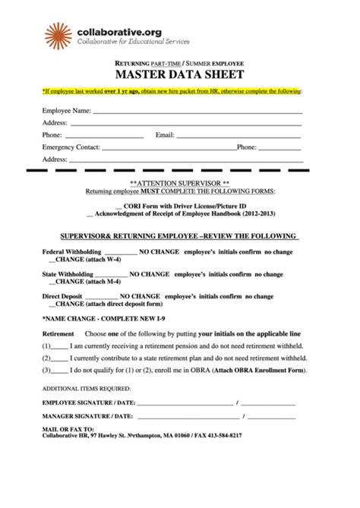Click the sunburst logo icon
click(x=58, y=35)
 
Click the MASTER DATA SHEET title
click(x=179, y=74)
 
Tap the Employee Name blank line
click(x=197, y=112)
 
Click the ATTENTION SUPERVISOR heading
click(x=179, y=184)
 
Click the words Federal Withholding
click(x=71, y=251)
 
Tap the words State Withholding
click(x=68, y=273)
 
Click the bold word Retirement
click(x=58, y=334)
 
